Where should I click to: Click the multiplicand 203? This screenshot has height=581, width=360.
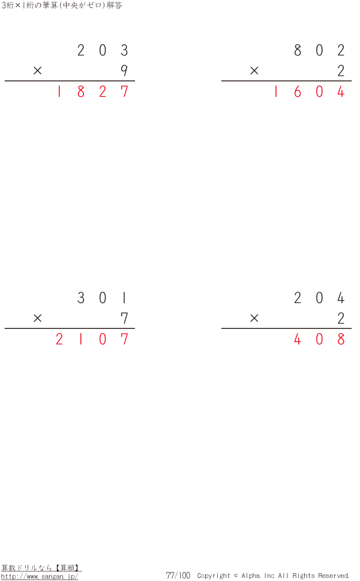[x=103, y=50]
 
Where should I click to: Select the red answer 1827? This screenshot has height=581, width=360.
[x=92, y=91]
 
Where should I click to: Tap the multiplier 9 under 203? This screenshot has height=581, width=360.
[x=124, y=70]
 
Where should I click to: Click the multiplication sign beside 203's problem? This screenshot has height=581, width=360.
[x=37, y=70]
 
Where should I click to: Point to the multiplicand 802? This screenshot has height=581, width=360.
[x=319, y=50]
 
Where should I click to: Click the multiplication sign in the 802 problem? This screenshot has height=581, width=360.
[x=254, y=70]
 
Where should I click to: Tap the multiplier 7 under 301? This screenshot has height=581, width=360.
[x=124, y=318]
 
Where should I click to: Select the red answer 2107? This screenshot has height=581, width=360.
[x=92, y=339]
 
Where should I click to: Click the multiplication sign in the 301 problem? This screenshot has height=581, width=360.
[x=37, y=318]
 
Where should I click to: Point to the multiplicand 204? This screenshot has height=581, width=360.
[x=319, y=298]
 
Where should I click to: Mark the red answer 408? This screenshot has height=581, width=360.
[x=319, y=339]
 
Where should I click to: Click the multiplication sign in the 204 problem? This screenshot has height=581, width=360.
[x=254, y=318]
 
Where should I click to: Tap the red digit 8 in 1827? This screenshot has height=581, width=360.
[x=81, y=91]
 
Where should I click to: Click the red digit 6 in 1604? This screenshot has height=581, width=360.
[x=298, y=91]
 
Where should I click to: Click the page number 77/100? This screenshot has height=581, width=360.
[x=178, y=575]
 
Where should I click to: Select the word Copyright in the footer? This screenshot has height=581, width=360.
[x=214, y=576]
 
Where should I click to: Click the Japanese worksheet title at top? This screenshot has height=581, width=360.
[x=61, y=5]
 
